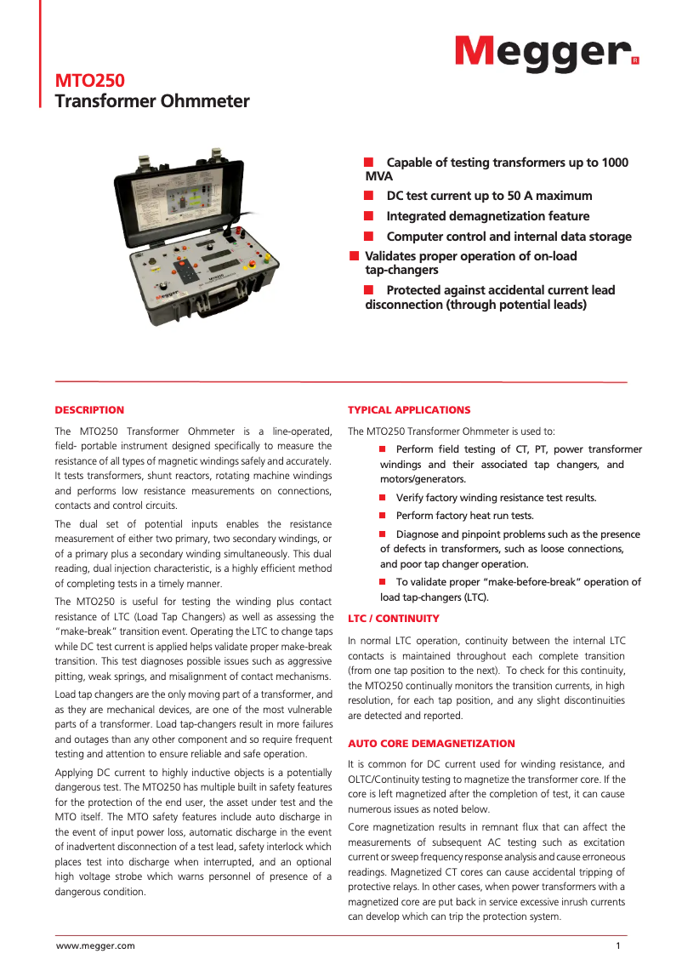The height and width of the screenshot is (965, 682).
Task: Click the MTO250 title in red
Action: (90, 82)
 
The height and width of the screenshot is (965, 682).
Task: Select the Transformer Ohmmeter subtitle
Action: (152, 102)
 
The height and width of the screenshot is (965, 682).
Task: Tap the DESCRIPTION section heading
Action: (89, 410)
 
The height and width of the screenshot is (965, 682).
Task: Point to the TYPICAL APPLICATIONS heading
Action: (409, 410)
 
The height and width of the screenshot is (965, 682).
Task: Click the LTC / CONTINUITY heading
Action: (394, 619)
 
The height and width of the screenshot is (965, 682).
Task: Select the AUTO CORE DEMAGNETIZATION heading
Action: (431, 744)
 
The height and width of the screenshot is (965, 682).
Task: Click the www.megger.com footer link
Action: (95, 945)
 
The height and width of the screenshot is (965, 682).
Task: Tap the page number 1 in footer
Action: (618, 945)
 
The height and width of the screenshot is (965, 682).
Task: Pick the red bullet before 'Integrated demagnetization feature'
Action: (369, 216)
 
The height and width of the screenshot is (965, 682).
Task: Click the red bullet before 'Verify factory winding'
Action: (383, 498)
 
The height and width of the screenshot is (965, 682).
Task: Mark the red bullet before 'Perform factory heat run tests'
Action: (383, 516)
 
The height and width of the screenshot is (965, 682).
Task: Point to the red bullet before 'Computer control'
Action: (369, 237)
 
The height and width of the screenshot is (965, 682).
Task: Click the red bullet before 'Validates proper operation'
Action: (354, 256)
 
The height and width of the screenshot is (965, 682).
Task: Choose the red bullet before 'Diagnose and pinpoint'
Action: (383, 534)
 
